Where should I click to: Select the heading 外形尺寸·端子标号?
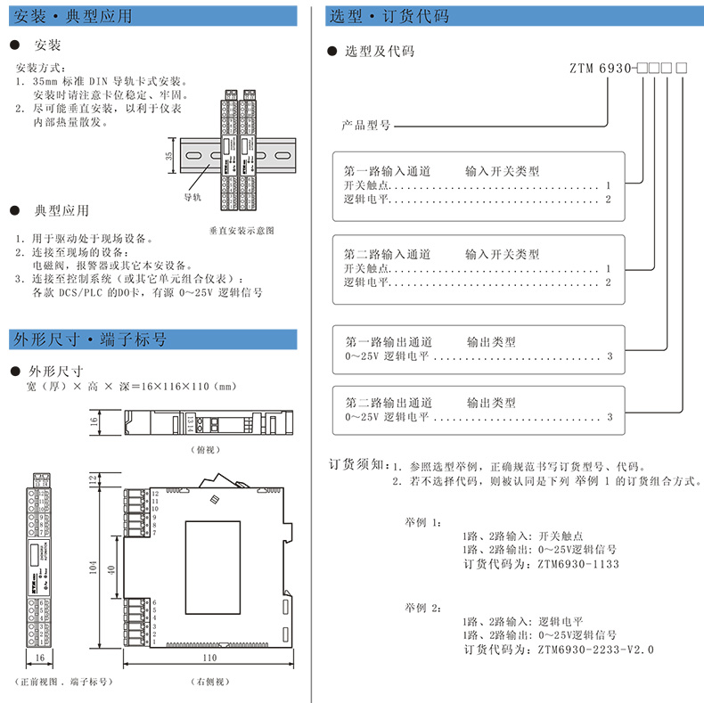tap(89, 339)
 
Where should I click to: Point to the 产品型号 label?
tap(366, 126)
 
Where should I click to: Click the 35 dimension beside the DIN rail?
tap(169, 155)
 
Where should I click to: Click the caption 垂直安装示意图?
tap(241, 230)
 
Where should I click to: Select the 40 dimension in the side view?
tap(111, 569)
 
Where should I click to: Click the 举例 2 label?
tap(422, 607)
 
